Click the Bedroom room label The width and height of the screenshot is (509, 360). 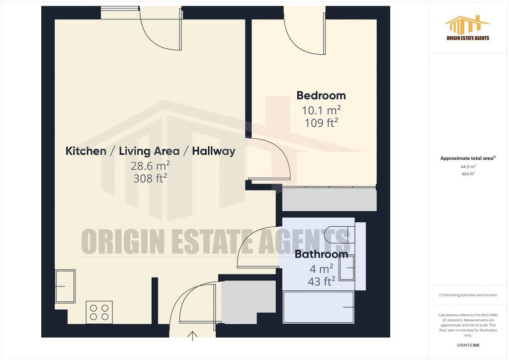tap(321, 95)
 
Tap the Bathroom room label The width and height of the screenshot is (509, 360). tap(322, 254)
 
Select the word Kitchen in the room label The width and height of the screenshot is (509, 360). tap(86, 151)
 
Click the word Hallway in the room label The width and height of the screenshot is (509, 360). tap(214, 151)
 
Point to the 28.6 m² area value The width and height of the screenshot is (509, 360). tap(150, 166)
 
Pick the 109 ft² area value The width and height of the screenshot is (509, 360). tap(322, 123)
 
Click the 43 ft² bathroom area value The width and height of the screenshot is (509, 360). tap(322, 281)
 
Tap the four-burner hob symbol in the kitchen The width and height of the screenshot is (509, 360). tap(99, 312)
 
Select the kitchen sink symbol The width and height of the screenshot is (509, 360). tap(65, 286)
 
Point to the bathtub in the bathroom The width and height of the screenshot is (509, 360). tap(319, 307)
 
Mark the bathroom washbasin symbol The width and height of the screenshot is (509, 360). tap(347, 268)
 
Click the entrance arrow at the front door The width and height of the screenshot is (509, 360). tap(192, 336)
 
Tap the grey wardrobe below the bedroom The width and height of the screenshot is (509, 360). tap(329, 199)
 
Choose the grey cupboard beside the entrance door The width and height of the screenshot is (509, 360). tap(249, 302)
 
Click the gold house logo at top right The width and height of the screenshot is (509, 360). tap(467, 25)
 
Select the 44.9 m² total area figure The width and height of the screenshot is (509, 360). tap(468, 167)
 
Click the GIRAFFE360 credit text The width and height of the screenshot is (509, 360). tap(468, 345)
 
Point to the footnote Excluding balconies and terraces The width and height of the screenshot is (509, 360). tap(468, 295)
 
